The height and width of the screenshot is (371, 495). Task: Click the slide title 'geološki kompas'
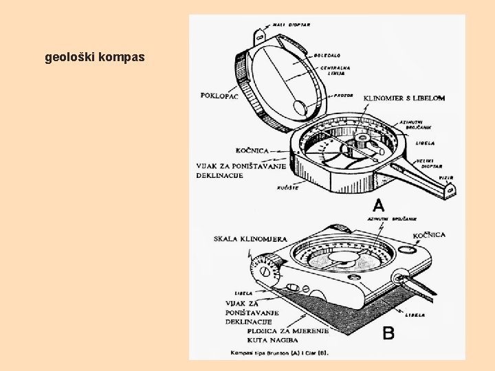(95, 57)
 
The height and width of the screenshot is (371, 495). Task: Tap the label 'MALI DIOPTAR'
(291, 25)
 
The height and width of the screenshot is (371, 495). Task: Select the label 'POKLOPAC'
(219, 95)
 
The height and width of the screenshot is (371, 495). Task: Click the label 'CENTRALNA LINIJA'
(336, 71)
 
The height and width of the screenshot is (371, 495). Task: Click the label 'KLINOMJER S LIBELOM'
(404, 98)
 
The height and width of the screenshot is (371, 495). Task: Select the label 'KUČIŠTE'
(287, 188)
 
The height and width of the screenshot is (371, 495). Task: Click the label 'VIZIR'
(446, 177)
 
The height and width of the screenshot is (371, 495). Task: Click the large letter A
(378, 205)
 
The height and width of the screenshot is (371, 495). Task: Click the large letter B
(388, 333)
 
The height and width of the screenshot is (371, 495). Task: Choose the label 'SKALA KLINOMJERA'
(250, 238)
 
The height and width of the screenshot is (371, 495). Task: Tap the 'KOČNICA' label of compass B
(429, 235)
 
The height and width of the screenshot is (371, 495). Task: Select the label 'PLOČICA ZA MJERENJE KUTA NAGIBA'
(287, 335)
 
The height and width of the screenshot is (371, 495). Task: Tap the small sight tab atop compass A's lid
(262, 32)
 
